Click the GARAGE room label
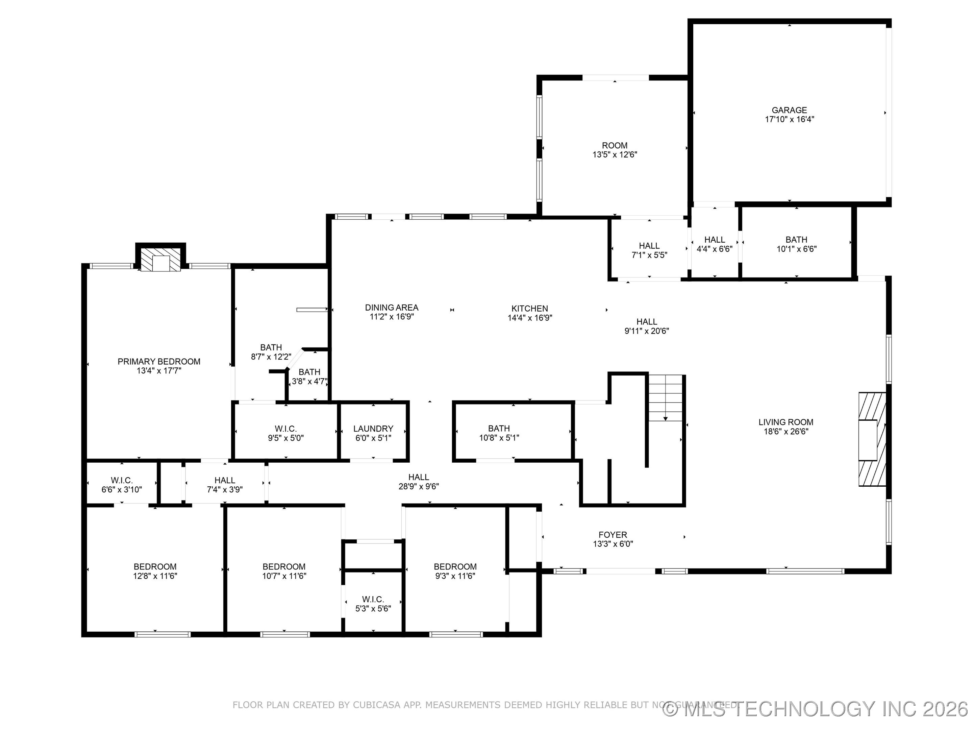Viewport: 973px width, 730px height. click(789, 110)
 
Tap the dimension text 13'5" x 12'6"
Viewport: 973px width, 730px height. click(615, 154)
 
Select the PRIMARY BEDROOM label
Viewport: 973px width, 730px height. click(159, 361)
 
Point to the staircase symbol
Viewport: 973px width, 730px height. click(666, 397)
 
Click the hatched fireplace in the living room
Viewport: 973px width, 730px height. click(872, 439)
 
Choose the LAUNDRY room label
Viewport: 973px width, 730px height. click(373, 428)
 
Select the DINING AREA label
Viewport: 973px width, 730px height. click(392, 307)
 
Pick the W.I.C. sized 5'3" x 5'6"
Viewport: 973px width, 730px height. click(373, 604)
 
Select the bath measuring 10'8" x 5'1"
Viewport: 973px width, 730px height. click(499, 433)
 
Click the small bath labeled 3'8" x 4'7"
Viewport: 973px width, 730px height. click(309, 376)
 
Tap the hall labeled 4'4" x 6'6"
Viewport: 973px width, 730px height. click(714, 244)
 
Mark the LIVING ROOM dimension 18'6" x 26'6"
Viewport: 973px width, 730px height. click(785, 431)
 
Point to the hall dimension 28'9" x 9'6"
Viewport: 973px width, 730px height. click(418, 486)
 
